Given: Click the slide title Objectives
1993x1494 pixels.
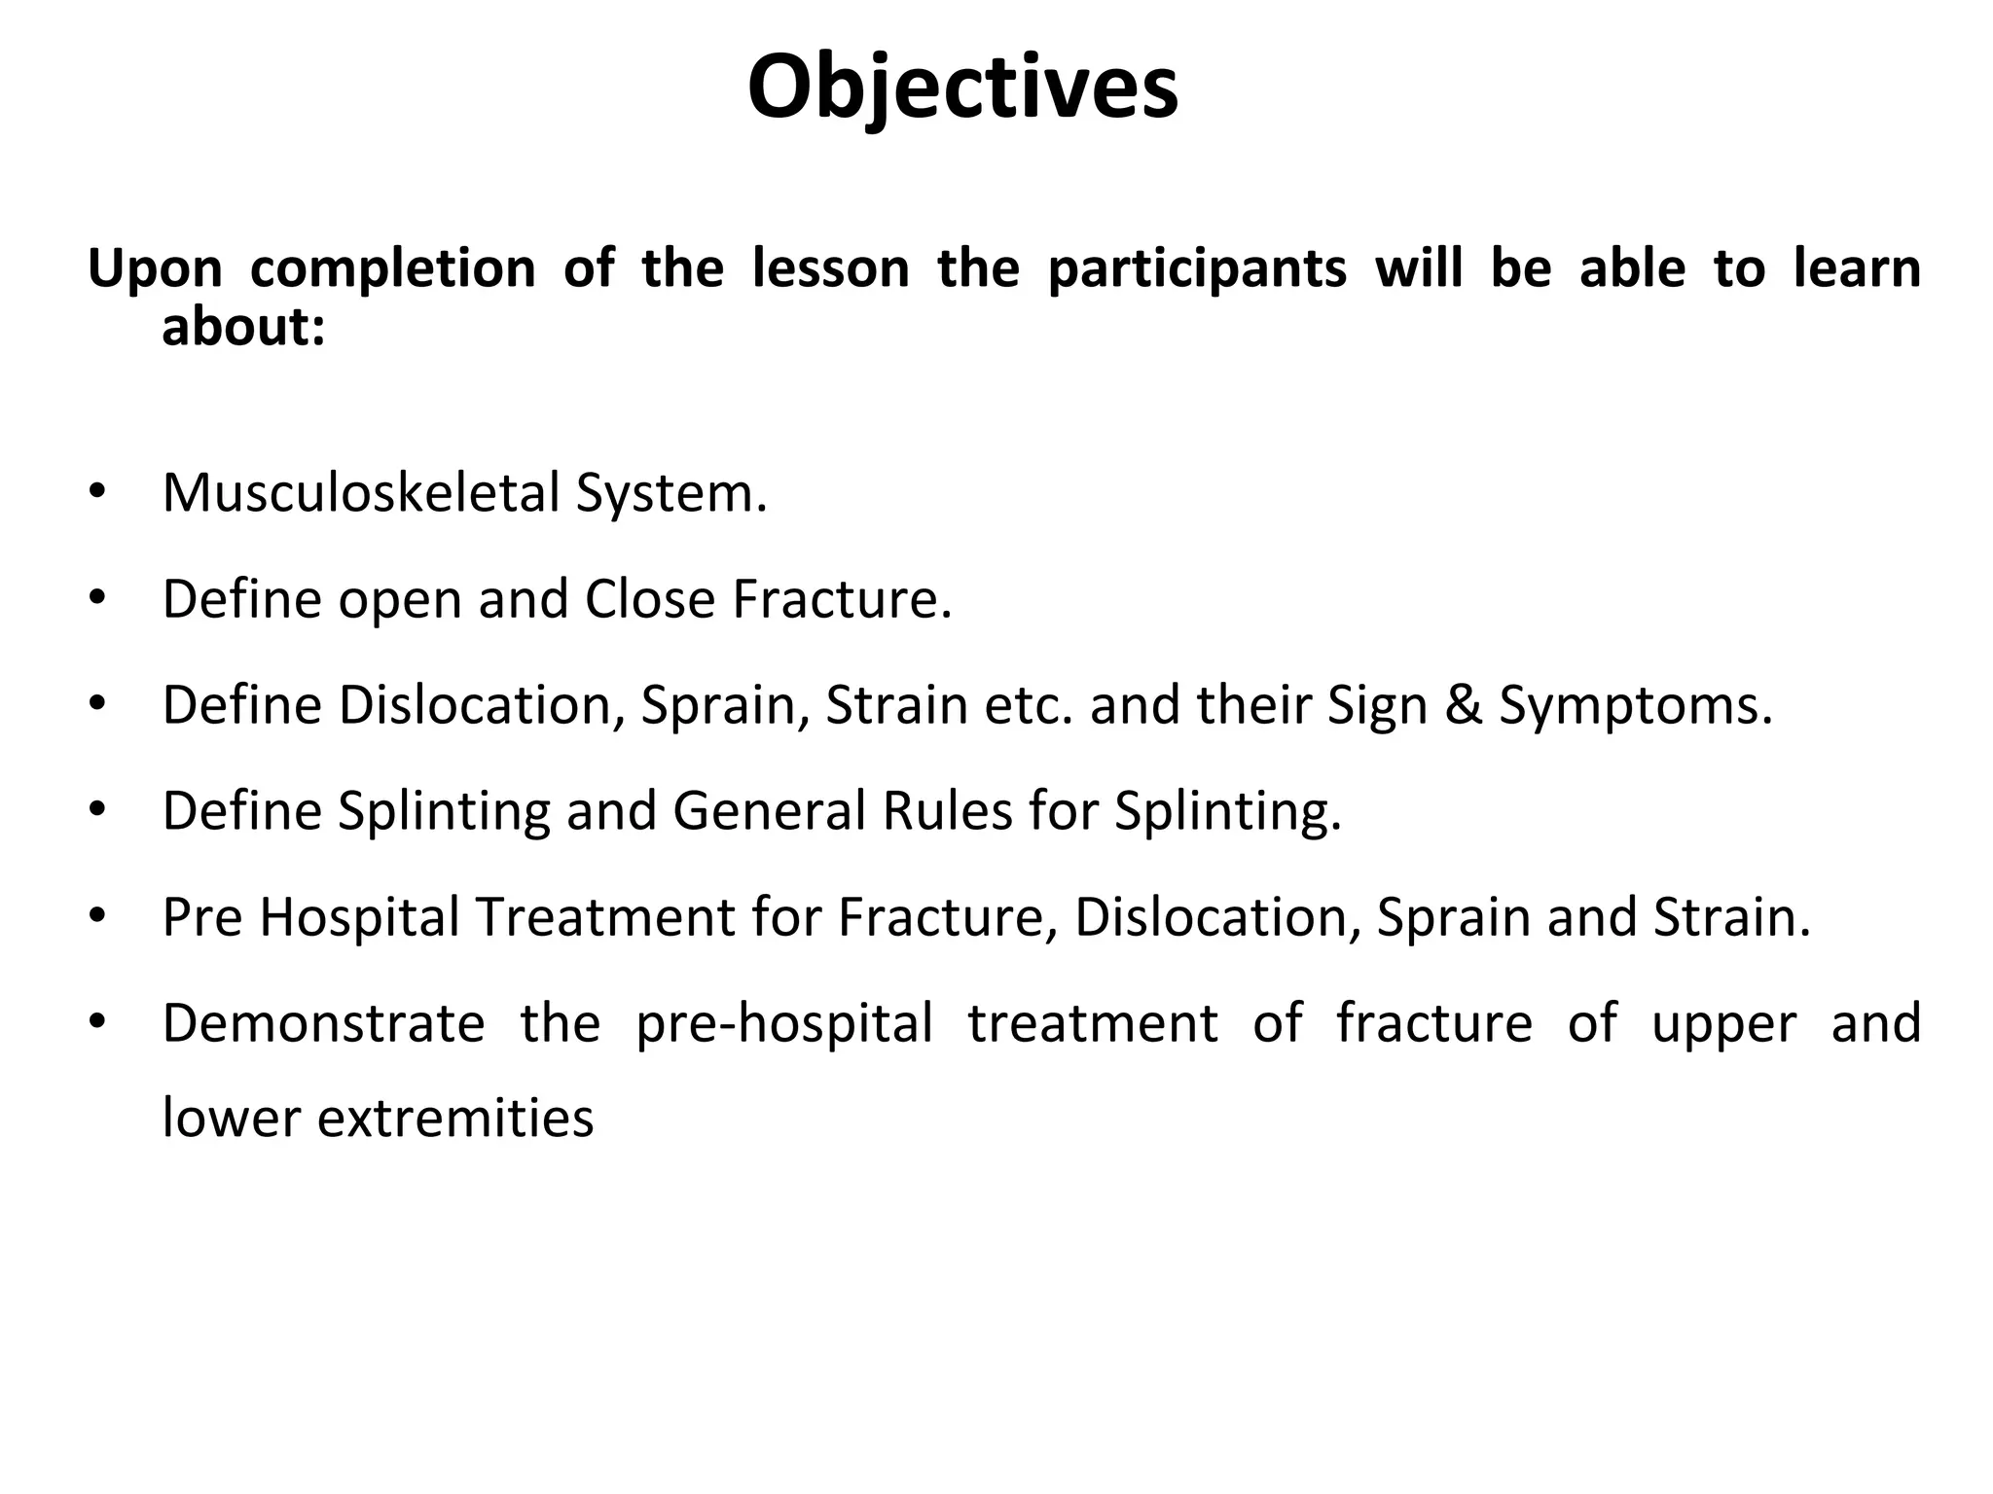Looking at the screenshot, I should click(962, 88).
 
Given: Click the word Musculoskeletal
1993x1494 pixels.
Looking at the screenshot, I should click(361, 492).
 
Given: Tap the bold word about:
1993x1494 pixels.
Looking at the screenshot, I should click(242, 327).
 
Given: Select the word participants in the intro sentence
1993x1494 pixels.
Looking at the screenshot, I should click(1197, 269).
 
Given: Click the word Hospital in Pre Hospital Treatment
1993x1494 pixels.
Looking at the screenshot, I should click(359, 917).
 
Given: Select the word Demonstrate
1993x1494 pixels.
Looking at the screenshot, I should click(323, 1023).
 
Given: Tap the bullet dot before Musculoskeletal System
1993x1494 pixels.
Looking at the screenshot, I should click(95, 492).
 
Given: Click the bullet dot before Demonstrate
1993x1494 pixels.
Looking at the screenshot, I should click(95, 1023).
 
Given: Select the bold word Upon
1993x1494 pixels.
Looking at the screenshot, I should click(155, 269).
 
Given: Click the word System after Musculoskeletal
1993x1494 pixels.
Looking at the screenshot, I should click(670, 494).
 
